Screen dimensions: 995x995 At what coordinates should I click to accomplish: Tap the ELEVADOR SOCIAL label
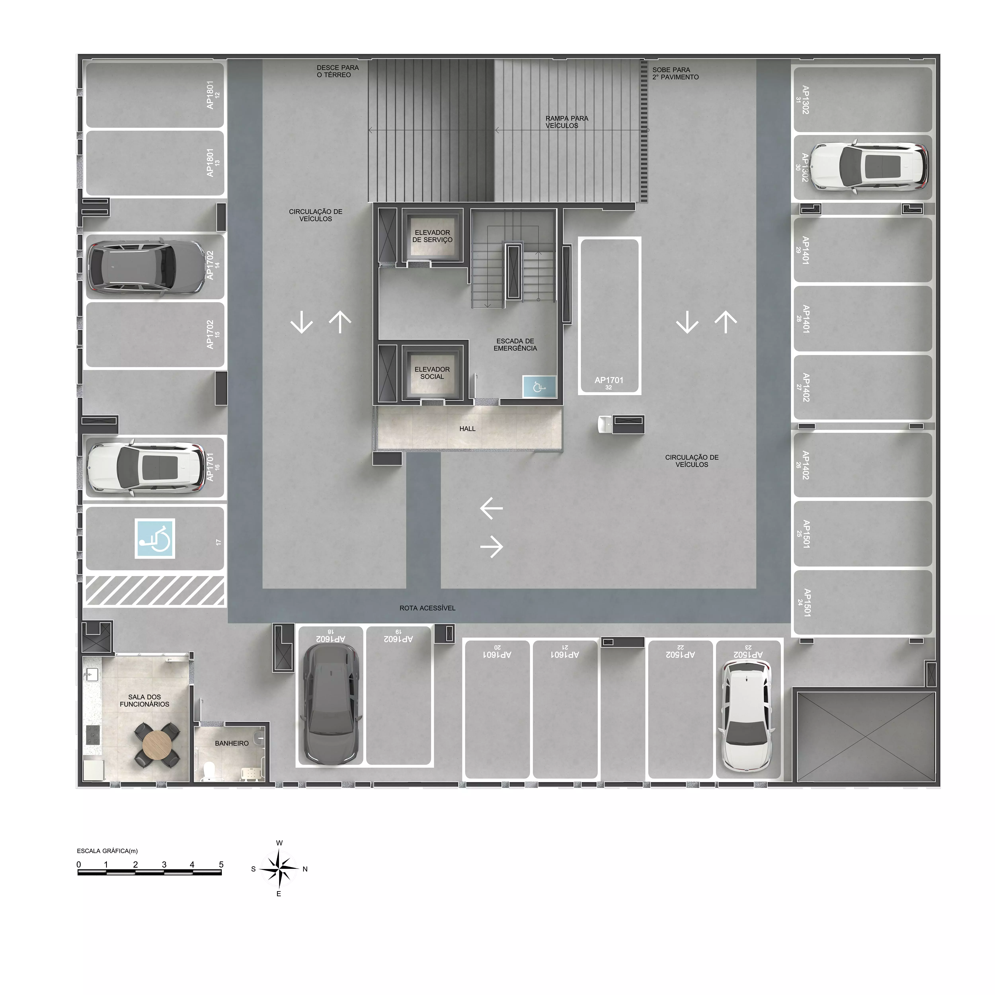[432, 373]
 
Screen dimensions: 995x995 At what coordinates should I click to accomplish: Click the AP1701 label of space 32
[609, 380]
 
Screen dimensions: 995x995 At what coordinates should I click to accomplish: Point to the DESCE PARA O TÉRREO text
[337, 71]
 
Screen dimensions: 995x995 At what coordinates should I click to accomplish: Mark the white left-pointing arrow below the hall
[491, 508]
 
